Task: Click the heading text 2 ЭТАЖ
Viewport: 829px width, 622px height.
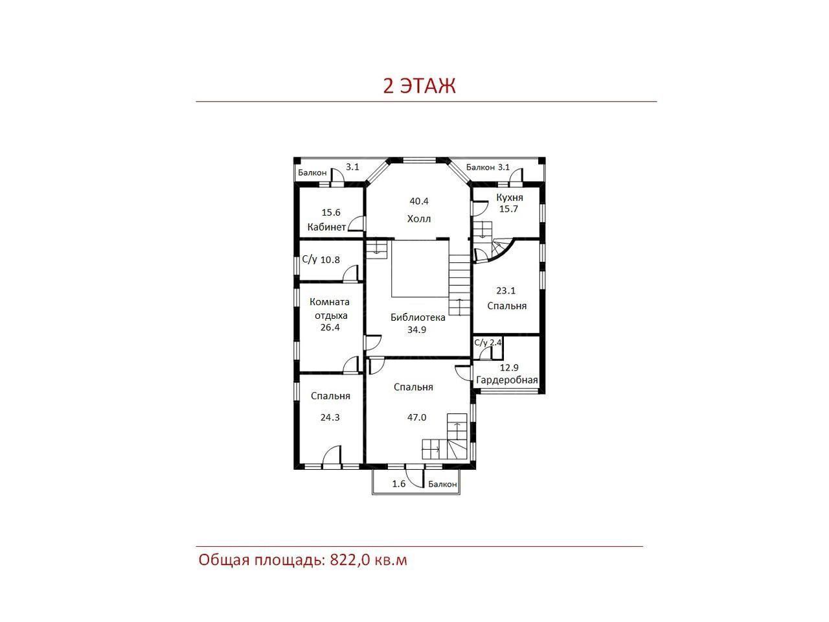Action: [x=419, y=86]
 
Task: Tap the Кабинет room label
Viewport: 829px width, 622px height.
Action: [x=326, y=227]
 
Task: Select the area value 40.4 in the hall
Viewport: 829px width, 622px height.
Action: [x=419, y=202]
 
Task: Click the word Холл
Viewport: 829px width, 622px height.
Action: [x=419, y=218]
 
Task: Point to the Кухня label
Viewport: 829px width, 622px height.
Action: [x=509, y=198]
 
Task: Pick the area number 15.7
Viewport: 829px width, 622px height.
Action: [x=508, y=209]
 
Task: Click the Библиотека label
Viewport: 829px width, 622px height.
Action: [x=418, y=317]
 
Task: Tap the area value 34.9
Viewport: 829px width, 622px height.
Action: [x=416, y=330]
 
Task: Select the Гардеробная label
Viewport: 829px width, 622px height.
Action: [x=507, y=380]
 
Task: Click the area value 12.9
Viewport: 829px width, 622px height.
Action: [x=509, y=367]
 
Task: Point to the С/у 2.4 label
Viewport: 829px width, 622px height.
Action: [x=488, y=343]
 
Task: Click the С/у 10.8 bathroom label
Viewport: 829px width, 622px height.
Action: [x=321, y=260]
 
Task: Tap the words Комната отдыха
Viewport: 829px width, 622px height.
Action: [x=330, y=308]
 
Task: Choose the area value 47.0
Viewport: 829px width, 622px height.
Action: [x=416, y=417]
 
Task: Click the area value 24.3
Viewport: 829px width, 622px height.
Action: [x=330, y=417]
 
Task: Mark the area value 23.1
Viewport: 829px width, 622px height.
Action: [x=506, y=291]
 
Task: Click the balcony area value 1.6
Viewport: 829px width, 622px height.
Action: [x=399, y=484]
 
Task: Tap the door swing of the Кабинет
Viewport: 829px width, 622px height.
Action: [x=356, y=224]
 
